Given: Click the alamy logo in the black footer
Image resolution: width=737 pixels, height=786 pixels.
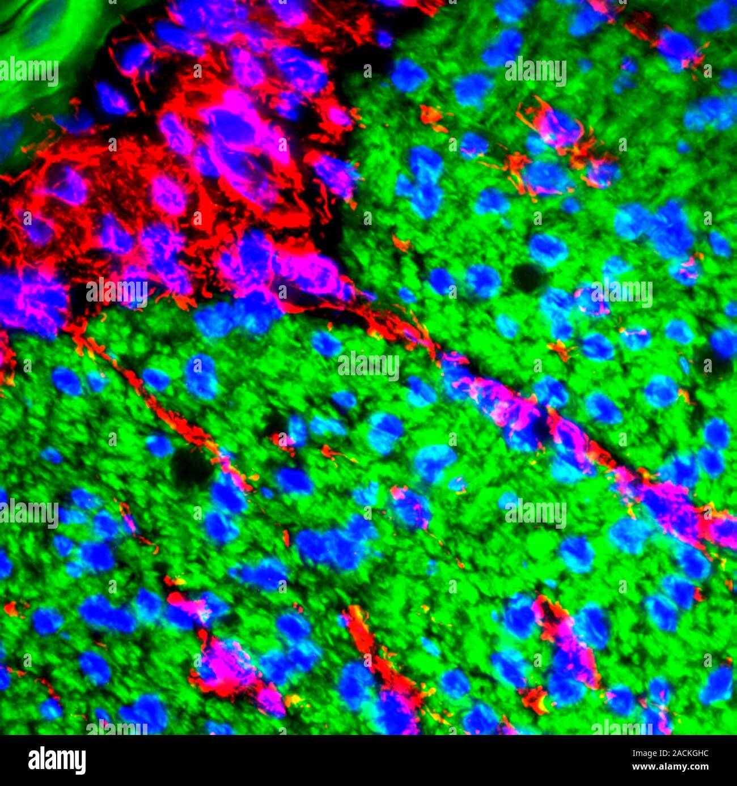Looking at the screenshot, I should click(57, 760).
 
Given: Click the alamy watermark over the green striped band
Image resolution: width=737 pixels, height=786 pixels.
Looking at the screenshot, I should click(29, 72).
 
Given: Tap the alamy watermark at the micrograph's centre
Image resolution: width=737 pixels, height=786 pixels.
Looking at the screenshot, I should click(369, 366).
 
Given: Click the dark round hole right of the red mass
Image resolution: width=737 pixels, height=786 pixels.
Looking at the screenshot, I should click(527, 278).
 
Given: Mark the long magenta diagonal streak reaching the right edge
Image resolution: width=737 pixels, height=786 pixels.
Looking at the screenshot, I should click(595, 453).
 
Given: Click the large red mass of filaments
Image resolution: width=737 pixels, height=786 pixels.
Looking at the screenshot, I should click(170, 170).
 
